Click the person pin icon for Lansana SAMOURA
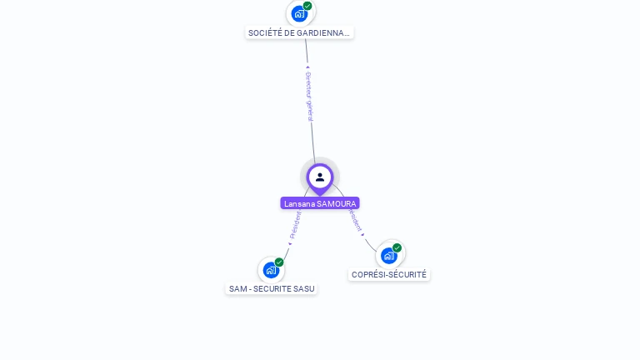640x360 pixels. pos(320,177)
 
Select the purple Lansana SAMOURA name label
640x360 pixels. pos(320,203)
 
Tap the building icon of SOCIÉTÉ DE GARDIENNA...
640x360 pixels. pos(299,13)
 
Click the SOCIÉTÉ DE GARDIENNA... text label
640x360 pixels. pos(300,33)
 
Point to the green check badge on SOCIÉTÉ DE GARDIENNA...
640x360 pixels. pos(307,6)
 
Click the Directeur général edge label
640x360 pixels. pos(309,96)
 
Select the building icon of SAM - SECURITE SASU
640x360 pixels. pos(271,270)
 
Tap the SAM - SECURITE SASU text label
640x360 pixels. pos(272,289)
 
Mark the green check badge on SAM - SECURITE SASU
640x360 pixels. pos(279,262)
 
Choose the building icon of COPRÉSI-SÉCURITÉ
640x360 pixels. pos(388,256)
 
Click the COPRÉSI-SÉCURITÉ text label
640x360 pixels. pos(389,274)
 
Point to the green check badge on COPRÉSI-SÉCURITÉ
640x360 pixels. pos(397,248)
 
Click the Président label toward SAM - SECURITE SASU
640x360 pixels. pos(295,225)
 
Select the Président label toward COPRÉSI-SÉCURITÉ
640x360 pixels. pos(356,222)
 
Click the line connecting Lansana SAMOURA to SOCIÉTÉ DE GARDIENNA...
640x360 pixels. pos(312,133)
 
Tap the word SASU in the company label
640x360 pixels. pos(305,289)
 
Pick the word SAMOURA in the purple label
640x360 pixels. pos(337,203)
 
